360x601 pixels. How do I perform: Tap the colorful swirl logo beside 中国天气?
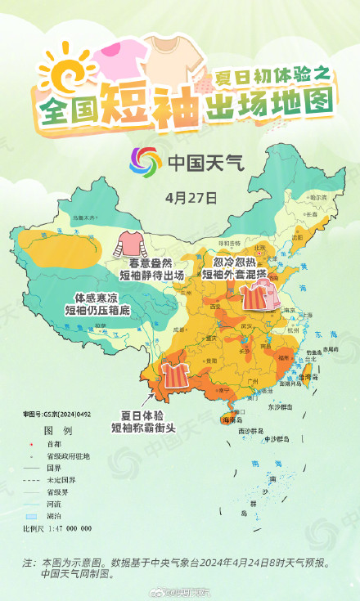[146, 162]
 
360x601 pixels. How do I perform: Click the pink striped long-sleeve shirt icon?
[128, 243]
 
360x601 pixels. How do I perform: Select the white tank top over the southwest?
[173, 375]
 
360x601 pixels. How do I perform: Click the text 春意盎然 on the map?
[143, 263]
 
